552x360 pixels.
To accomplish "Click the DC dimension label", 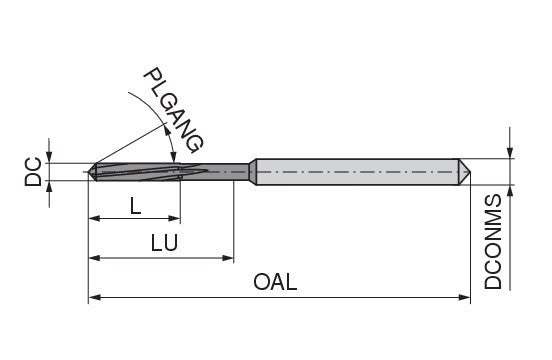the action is point(33,172).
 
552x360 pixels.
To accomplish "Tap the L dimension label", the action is point(136,206).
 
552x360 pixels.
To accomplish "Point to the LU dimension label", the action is point(164,243).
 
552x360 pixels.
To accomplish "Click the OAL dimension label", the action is point(275,282).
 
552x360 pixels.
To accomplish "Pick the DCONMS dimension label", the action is point(493,241).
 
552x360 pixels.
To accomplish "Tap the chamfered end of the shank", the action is point(465,172).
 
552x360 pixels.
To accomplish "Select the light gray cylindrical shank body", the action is point(357,172).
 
